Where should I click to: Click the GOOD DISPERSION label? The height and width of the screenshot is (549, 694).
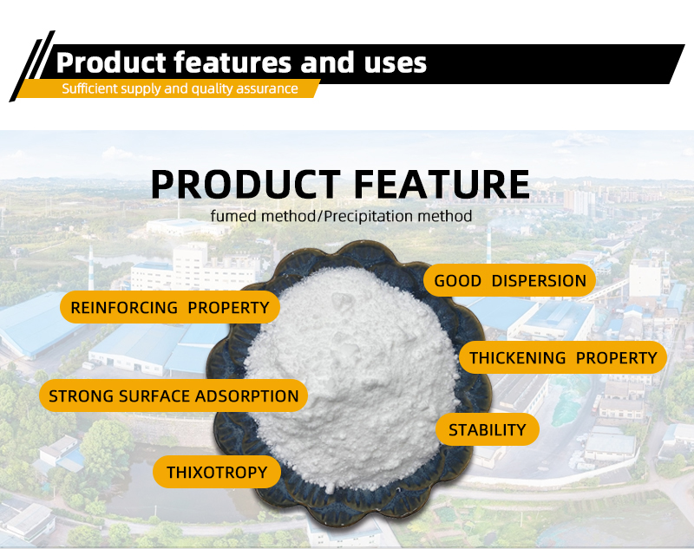click(510, 281)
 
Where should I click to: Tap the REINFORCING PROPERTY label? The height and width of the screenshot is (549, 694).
click(170, 307)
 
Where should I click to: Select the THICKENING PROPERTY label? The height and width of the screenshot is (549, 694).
click(563, 357)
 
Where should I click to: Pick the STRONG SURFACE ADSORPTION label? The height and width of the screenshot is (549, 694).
click(173, 396)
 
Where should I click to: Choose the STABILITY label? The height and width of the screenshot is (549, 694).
click(487, 429)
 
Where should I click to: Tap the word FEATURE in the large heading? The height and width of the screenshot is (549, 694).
click(440, 185)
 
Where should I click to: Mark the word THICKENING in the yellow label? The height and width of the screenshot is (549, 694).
click(518, 357)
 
